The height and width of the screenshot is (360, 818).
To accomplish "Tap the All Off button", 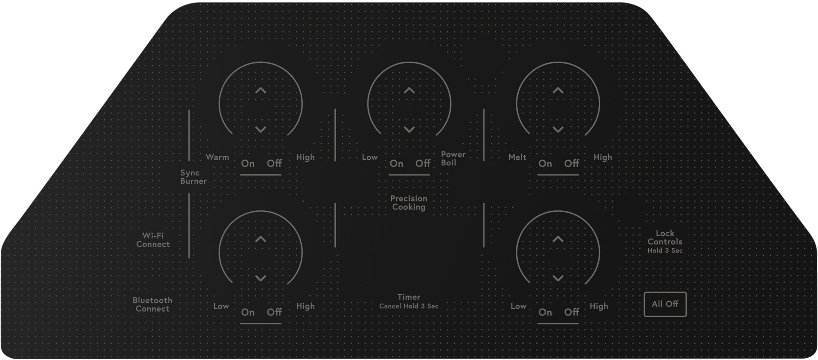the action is click(x=665, y=304).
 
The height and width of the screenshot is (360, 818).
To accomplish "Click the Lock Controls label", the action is click(x=665, y=238).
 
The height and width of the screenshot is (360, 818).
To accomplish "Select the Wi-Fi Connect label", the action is click(x=153, y=240).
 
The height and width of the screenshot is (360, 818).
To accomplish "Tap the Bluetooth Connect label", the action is click(x=152, y=304).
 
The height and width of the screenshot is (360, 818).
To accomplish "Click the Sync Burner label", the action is click(x=193, y=177).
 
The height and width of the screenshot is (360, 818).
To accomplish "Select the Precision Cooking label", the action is click(x=409, y=203).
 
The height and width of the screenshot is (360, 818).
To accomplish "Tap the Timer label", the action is click(x=409, y=297).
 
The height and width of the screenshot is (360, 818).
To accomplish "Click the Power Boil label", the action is click(x=453, y=159).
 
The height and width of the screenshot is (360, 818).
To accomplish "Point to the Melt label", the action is click(x=517, y=157).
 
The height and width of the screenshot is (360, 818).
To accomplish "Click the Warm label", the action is click(x=217, y=157).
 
